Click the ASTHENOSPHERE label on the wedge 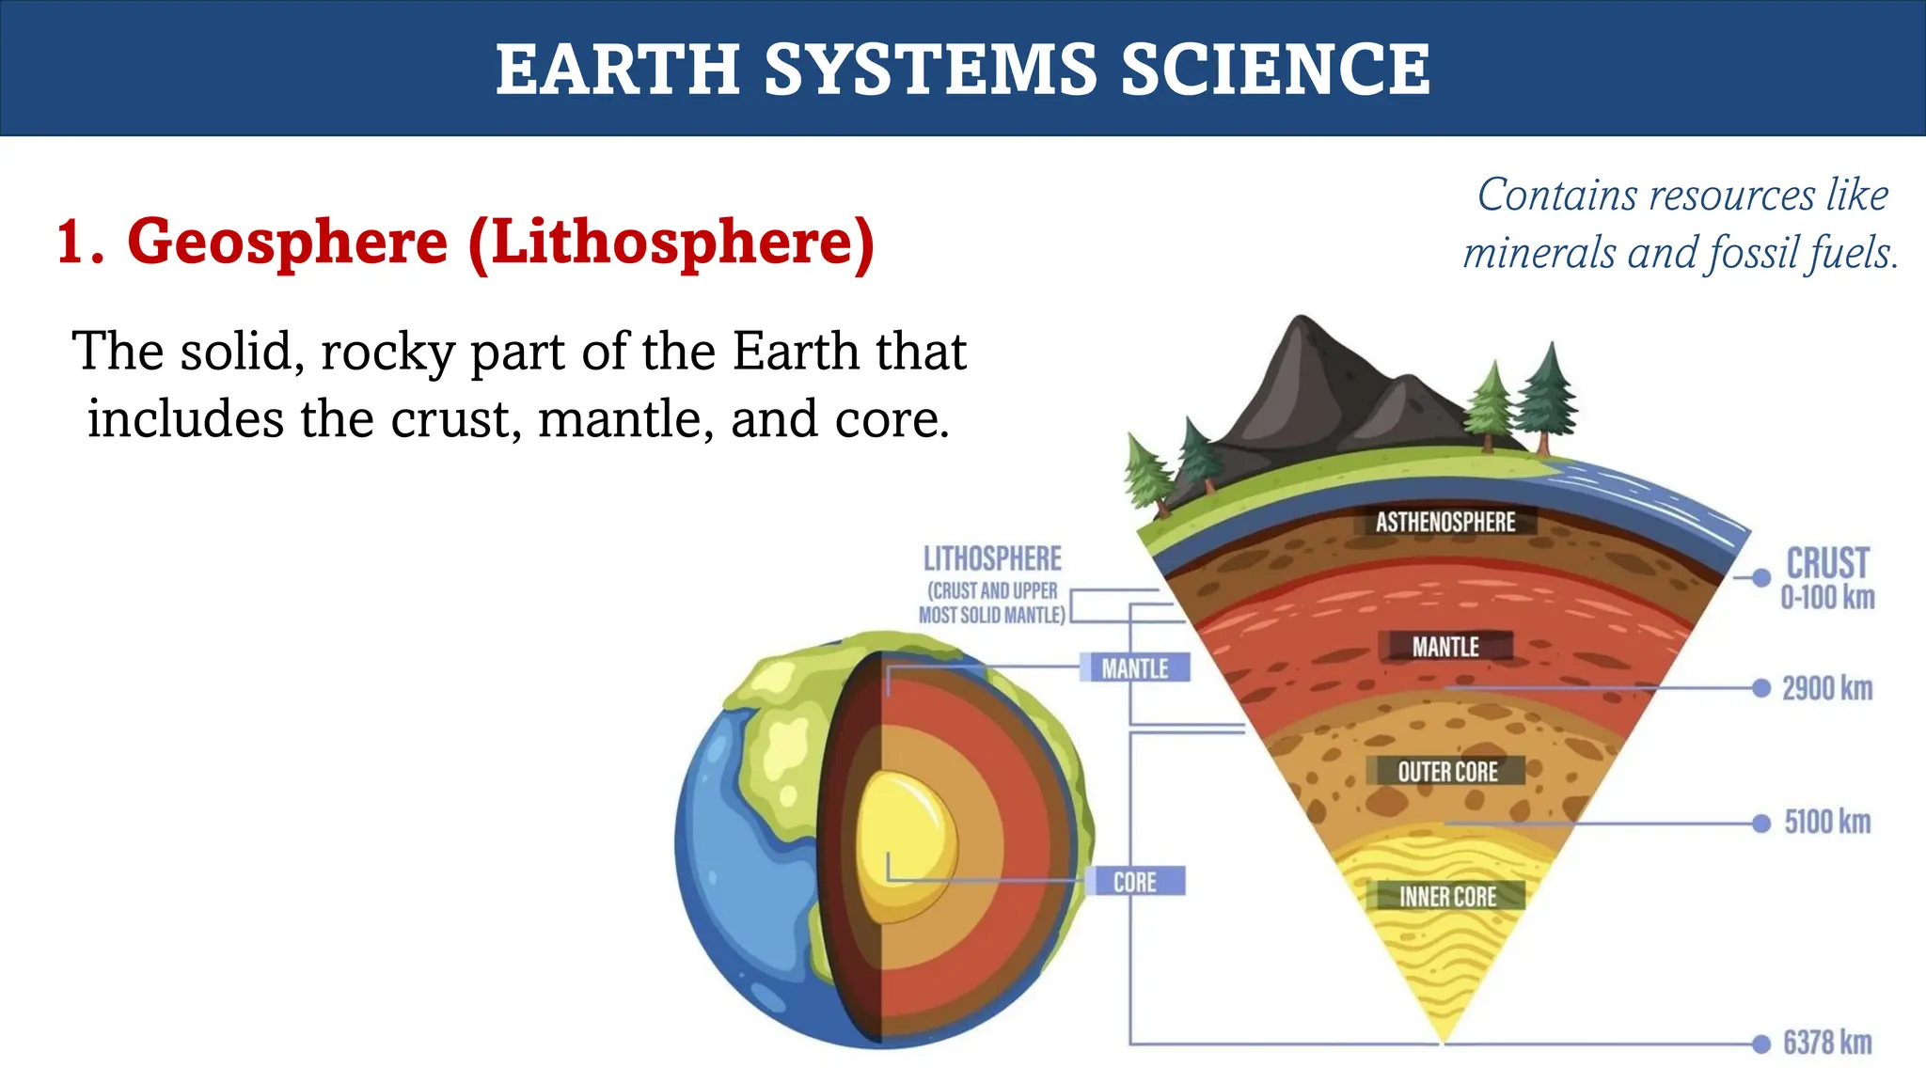coord(1445,522)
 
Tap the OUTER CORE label coord(1447,772)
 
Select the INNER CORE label coord(1447,896)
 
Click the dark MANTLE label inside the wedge coord(1445,647)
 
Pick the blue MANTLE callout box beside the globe coord(1135,667)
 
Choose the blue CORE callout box coord(1135,882)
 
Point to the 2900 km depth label coord(1827,688)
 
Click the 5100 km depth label coord(1827,822)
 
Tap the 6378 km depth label coord(1827,1043)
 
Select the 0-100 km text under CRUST coord(1827,598)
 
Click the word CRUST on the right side coord(1827,563)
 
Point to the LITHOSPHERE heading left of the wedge coord(992,558)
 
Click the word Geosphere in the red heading coord(287,242)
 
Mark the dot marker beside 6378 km coord(1761,1044)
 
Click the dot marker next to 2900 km coord(1761,688)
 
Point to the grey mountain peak coord(1303,329)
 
